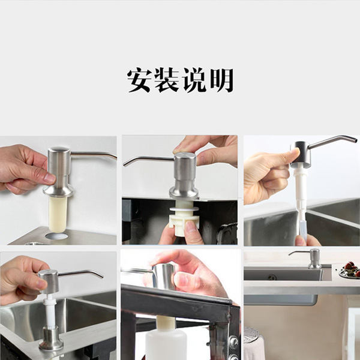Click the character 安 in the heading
139,80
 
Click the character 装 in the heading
166,80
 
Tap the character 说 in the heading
194,80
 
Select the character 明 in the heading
221,80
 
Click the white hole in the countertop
56,236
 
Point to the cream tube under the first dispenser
58,214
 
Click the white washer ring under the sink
184,209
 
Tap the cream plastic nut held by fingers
184,224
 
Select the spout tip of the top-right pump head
355,139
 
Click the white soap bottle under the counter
166,343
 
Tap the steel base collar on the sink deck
51,338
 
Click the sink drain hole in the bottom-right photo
272,277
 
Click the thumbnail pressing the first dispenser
50,178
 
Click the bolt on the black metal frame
233,340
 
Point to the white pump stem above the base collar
49,311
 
